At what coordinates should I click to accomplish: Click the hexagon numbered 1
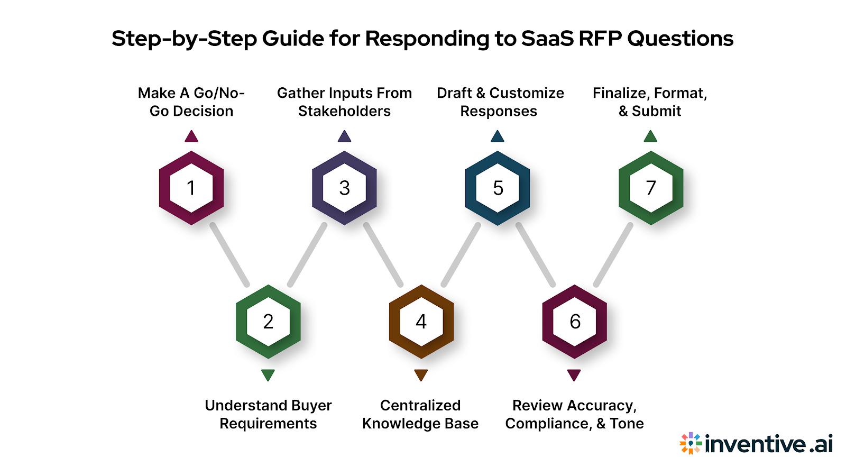[x=191, y=188]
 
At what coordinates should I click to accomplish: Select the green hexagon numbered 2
[x=268, y=322]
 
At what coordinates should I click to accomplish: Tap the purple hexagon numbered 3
[x=344, y=188]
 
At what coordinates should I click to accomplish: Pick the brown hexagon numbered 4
[x=421, y=322]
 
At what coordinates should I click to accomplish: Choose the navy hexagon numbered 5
[x=498, y=188]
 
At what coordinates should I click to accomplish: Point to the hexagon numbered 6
[x=575, y=322]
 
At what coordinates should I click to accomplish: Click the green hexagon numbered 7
[x=651, y=188]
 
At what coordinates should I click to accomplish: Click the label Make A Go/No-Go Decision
[x=191, y=102]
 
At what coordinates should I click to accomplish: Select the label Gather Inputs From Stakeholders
[x=344, y=102]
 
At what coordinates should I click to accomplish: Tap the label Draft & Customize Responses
[x=500, y=102]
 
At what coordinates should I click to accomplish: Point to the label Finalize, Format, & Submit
[x=650, y=102]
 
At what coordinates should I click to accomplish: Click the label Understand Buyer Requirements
[x=268, y=414]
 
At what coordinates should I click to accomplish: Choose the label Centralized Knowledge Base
[x=420, y=414]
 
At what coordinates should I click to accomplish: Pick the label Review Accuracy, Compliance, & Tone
[x=574, y=414]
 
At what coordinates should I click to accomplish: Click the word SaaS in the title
[x=547, y=39]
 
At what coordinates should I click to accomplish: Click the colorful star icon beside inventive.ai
[x=690, y=443]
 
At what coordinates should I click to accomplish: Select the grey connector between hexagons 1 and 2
[x=229, y=254]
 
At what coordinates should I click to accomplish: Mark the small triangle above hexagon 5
[x=498, y=137]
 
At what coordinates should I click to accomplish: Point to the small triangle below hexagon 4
[x=421, y=374]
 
